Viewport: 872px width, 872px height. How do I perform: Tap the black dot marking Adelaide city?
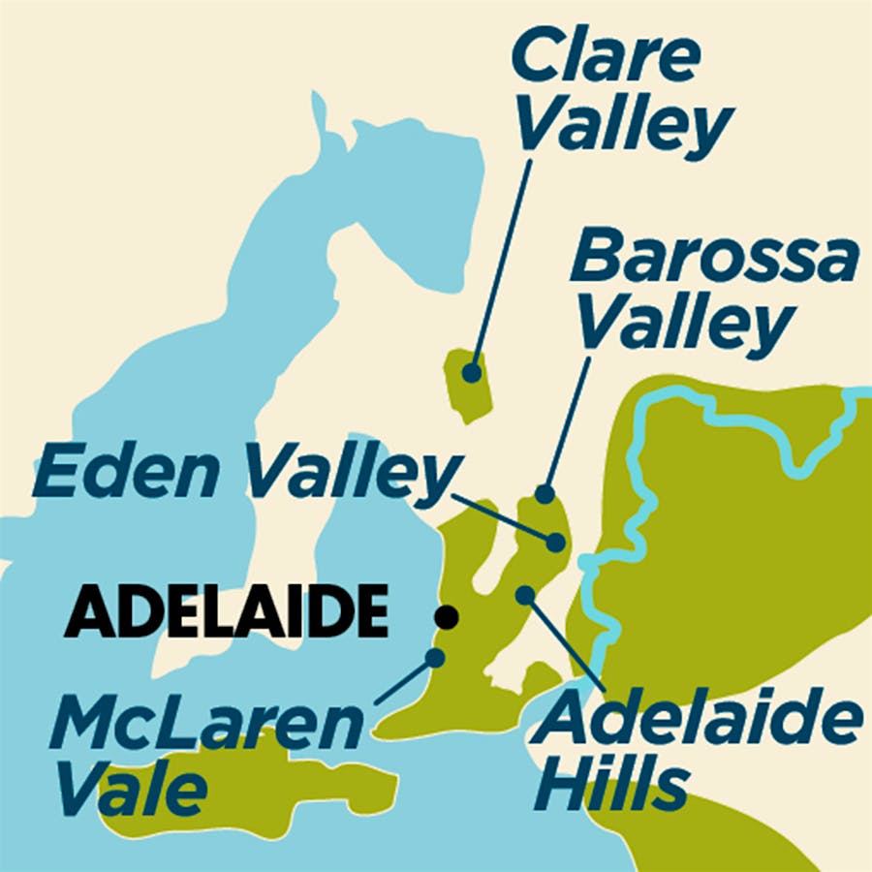[447, 615]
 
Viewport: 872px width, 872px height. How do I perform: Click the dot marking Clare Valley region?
[472, 371]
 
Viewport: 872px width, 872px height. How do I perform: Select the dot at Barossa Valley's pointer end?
[545, 494]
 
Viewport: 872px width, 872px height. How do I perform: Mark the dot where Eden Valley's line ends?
[555, 542]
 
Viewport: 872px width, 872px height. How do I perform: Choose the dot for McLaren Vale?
[435, 658]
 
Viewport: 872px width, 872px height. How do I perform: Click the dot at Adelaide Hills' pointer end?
[524, 593]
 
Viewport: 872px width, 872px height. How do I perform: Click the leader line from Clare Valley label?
[502, 262]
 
